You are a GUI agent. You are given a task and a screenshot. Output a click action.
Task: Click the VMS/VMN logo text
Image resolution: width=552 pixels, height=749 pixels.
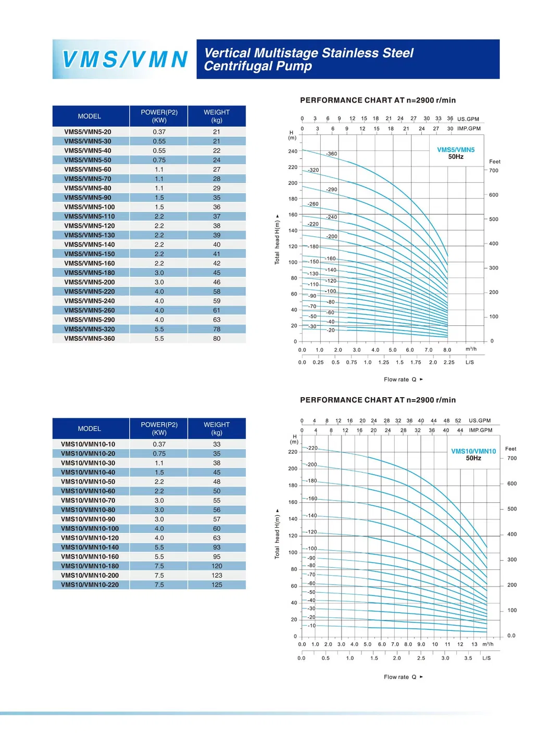(x=125, y=59)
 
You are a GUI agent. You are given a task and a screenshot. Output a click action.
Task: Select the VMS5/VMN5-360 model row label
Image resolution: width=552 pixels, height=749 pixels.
(x=90, y=338)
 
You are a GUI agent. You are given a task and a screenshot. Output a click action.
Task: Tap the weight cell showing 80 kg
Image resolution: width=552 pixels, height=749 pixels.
(x=217, y=338)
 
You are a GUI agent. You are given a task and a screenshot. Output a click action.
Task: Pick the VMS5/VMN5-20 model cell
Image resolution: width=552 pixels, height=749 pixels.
(x=87, y=132)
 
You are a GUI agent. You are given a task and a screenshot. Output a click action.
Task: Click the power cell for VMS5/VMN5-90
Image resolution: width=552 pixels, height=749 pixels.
(x=159, y=197)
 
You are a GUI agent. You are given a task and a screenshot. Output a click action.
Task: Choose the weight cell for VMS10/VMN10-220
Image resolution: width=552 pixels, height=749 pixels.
(x=217, y=585)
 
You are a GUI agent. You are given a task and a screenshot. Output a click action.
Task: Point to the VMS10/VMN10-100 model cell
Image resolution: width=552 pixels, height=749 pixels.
(x=90, y=528)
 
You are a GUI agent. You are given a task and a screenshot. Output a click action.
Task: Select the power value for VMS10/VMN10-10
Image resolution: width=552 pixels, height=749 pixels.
(x=159, y=444)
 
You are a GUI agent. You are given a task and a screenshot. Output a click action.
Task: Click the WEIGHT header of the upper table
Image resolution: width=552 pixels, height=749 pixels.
(x=217, y=116)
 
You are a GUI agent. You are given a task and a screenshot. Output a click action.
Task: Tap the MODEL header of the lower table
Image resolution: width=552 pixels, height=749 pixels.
(x=90, y=428)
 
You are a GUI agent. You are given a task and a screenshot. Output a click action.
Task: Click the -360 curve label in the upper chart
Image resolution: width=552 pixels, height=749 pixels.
(x=332, y=154)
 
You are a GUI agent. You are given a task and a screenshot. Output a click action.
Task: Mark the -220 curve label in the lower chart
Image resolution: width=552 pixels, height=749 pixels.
(x=312, y=448)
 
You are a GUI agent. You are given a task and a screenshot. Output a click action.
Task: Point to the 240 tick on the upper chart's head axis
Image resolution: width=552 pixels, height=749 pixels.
(x=293, y=151)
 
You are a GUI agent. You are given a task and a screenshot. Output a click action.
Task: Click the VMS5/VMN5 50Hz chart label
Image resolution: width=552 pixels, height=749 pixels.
(x=456, y=153)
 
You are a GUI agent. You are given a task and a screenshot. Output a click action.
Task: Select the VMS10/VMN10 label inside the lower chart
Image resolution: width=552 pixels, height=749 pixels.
(x=473, y=451)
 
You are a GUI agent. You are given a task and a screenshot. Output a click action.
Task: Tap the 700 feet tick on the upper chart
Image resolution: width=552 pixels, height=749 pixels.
(x=494, y=170)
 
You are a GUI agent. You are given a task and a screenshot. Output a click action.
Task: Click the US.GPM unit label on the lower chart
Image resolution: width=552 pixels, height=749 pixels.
(x=480, y=421)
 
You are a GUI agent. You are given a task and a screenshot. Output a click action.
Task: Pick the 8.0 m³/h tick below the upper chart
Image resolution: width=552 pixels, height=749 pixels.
(x=447, y=350)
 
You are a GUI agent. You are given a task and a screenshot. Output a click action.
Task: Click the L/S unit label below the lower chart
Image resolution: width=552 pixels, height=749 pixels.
(x=486, y=658)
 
